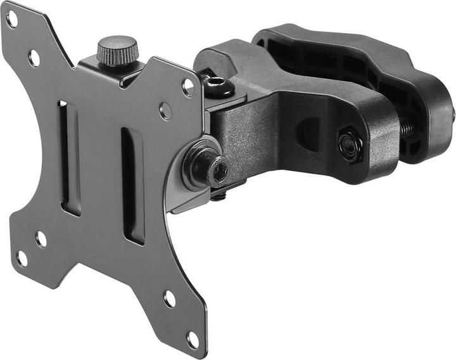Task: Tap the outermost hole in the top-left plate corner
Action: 12,18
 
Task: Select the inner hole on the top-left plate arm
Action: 34,58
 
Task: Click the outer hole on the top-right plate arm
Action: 188,87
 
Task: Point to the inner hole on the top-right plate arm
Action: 165,111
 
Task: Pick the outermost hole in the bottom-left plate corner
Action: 22,259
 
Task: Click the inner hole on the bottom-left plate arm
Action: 41,239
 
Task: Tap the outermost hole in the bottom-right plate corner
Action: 193,340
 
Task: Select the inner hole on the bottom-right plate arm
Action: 170,298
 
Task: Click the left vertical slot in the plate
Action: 69,158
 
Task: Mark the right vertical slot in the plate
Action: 132,186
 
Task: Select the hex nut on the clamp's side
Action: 349,145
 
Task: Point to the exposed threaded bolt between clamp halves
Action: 407,129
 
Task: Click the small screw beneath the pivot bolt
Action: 218,196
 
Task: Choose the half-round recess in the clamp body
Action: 309,133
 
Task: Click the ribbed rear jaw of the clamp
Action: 355,63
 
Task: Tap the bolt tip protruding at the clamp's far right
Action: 453,114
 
